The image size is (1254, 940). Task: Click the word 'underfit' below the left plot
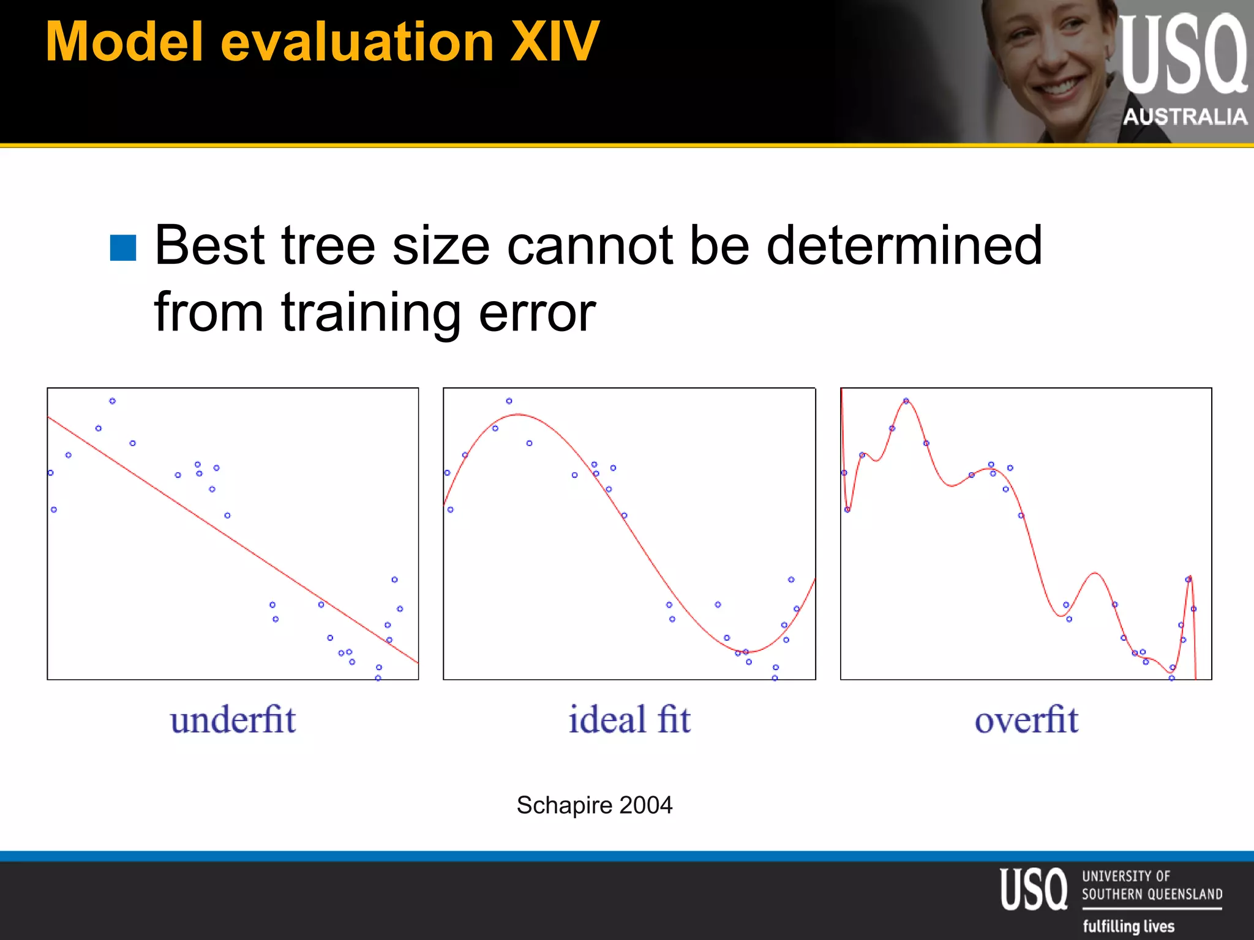pos(233,720)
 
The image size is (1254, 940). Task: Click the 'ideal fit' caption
pos(629,720)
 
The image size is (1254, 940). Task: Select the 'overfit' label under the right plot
pos(1026,720)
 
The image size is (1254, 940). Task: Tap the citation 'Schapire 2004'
pos(594,805)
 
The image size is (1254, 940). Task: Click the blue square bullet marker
pos(123,248)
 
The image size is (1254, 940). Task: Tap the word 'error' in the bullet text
pos(537,313)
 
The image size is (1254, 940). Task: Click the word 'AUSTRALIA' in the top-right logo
pos(1185,116)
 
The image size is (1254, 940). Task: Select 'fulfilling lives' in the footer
pos(1128,926)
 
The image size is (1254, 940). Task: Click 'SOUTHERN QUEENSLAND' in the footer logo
pos(1152,894)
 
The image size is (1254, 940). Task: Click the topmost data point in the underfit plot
pos(113,401)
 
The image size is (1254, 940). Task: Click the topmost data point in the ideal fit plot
pos(509,401)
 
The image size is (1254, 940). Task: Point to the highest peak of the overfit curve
pos(906,400)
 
